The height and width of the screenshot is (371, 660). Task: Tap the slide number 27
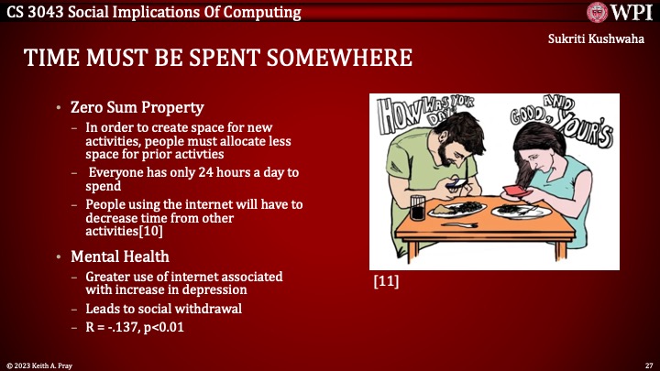(648, 364)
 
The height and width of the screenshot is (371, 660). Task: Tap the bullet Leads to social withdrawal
(163, 309)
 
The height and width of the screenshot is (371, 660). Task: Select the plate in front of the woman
(521, 210)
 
